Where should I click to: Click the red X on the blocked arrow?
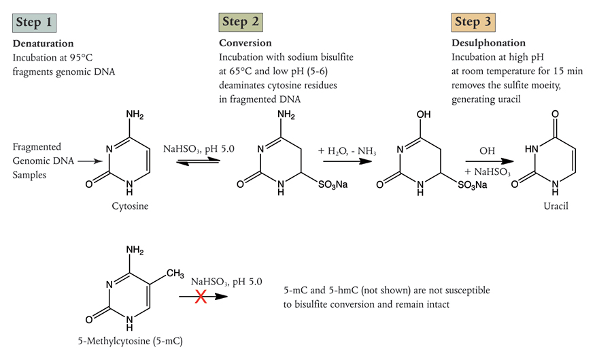(x=201, y=296)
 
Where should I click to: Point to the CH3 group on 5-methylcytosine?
(x=175, y=274)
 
